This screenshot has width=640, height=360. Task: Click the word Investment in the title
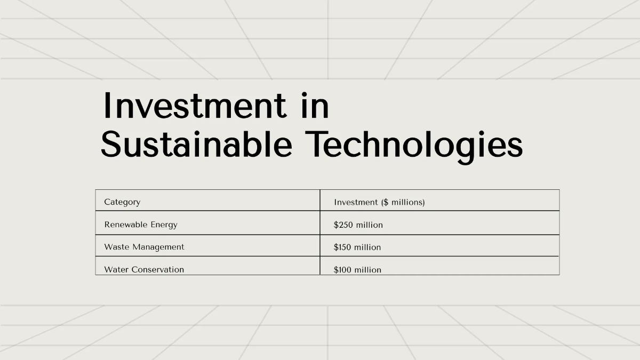tap(195, 106)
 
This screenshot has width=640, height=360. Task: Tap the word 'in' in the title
tap(315, 106)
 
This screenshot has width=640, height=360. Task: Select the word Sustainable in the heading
tap(197, 144)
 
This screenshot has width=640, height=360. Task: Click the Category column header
tap(122, 202)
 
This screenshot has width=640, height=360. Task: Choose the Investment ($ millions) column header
tap(379, 202)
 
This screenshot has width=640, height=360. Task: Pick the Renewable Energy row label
tap(141, 225)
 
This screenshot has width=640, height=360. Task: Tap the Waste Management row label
tap(145, 247)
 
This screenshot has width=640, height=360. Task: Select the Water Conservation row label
tap(144, 269)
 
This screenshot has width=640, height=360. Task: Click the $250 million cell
tap(358, 225)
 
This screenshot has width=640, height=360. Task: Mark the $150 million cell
tap(357, 247)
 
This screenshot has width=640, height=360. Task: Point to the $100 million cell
tap(357, 270)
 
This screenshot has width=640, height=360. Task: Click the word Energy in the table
tap(164, 225)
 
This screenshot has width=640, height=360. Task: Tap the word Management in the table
tap(158, 247)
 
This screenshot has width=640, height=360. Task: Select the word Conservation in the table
tap(158, 269)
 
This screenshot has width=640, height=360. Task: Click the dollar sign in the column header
tap(386, 202)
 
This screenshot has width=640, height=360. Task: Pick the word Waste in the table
tap(117, 247)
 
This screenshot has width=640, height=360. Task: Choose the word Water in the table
tap(116, 269)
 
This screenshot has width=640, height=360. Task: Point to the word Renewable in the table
tap(126, 225)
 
